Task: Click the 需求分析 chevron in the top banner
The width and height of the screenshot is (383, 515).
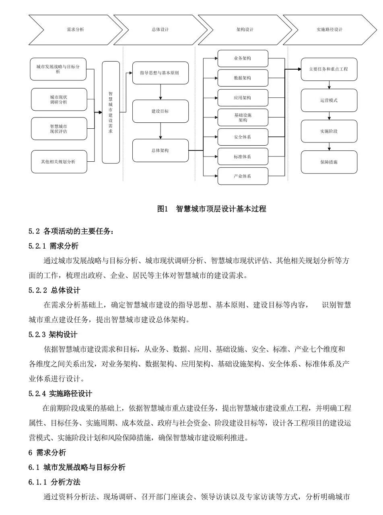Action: pyautogui.click(x=75, y=30)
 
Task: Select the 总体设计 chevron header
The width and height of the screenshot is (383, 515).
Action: pyautogui.click(x=160, y=30)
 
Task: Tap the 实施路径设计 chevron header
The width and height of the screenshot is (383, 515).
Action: pyautogui.click(x=329, y=30)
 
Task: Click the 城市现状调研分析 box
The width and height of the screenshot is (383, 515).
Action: pyautogui.click(x=59, y=100)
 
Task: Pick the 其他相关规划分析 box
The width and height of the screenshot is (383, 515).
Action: pyautogui.click(x=59, y=162)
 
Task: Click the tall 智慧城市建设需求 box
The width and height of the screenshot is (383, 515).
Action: pyautogui.click(x=111, y=112)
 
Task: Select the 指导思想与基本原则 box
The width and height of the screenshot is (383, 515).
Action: pyautogui.click(x=160, y=73)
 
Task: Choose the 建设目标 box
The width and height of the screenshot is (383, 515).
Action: pyautogui.click(x=160, y=111)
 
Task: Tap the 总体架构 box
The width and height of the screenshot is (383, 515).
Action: pyautogui.click(x=160, y=150)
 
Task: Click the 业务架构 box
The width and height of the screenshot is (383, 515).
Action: pyautogui.click(x=243, y=58)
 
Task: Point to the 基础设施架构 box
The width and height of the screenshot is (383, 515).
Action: pyautogui.click(x=243, y=117)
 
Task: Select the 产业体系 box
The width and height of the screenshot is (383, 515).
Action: pyautogui.click(x=243, y=176)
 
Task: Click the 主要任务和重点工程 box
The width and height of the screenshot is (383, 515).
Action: pyautogui.click(x=329, y=69)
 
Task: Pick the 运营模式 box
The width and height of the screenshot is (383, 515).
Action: pyautogui.click(x=329, y=100)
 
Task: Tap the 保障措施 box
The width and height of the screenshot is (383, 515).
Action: pyautogui.click(x=329, y=162)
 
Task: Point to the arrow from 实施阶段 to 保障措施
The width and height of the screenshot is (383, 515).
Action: pyautogui.click(x=329, y=146)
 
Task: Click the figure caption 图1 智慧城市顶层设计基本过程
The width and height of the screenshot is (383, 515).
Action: pyautogui.click(x=212, y=209)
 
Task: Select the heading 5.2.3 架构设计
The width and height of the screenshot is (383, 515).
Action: pyautogui.click(x=53, y=335)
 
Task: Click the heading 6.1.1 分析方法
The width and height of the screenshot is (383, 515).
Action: pyautogui.click(x=54, y=482)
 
